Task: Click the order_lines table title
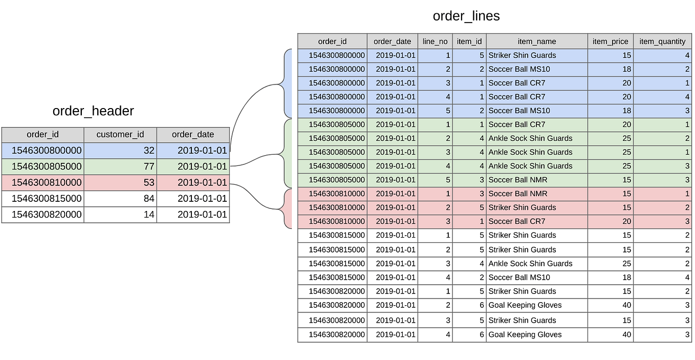tap(466, 16)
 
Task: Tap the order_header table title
tap(93, 111)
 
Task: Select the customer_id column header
tap(120, 135)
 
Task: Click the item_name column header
tap(536, 41)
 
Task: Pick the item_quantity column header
tap(662, 41)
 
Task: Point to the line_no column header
tap(435, 41)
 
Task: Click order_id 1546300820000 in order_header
tap(47, 215)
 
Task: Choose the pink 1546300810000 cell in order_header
tap(47, 183)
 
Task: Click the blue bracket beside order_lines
tap(288, 83)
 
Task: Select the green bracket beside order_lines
tap(288, 153)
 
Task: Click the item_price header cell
tap(610, 41)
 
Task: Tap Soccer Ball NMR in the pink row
tap(517, 194)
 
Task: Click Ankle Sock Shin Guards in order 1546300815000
tap(530, 264)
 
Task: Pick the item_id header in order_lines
tap(469, 41)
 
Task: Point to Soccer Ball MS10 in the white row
tap(519, 278)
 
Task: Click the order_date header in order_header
tap(193, 135)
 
